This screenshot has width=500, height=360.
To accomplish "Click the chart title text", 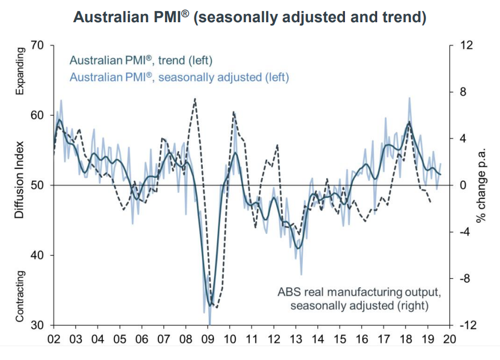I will coord(250,17).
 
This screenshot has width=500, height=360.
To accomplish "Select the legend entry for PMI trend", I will coord(141,60).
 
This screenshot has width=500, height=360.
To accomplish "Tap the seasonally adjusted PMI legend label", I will coord(179,77).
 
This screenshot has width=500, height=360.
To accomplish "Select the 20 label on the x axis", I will coord(449,339).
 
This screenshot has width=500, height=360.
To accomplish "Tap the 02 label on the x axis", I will coord(54,339).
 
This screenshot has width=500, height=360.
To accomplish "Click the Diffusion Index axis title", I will coord(19,185).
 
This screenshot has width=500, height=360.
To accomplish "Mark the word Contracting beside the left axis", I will coord(19,296).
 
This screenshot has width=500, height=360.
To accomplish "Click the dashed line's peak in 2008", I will coord(195,99).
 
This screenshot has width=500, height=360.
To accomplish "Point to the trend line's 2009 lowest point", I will coord(210,305).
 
